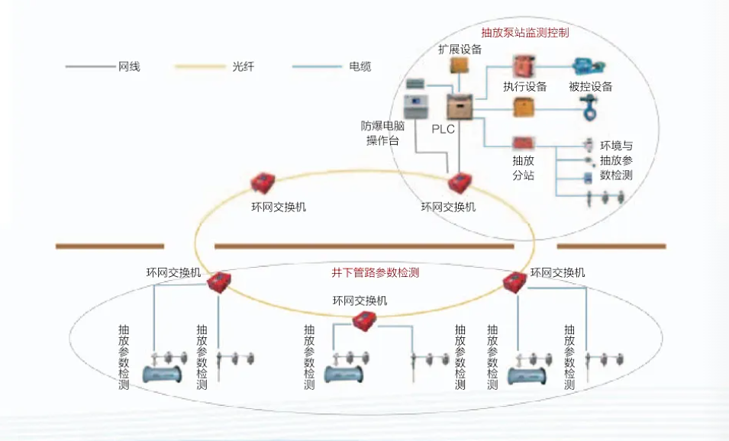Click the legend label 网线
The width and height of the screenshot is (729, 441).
(x=129, y=67)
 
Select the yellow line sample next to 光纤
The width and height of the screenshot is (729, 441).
(x=200, y=67)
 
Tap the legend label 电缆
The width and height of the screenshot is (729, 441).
(x=360, y=67)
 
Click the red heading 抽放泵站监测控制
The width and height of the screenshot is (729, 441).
(x=524, y=33)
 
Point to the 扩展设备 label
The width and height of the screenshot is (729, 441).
(x=460, y=50)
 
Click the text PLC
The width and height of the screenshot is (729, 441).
(x=444, y=129)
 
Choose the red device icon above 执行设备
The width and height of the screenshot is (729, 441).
(x=524, y=64)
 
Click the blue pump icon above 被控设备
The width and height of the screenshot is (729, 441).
(x=588, y=66)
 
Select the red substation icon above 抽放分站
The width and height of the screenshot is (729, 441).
(x=524, y=143)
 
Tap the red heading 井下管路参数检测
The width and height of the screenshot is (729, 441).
(x=375, y=272)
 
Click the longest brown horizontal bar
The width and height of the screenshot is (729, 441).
(x=374, y=246)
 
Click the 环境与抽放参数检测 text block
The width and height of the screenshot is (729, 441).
(x=616, y=160)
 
